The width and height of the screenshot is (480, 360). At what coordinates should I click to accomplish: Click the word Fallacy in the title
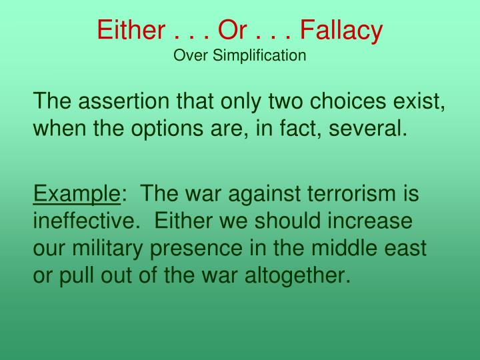[x=341, y=30]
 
